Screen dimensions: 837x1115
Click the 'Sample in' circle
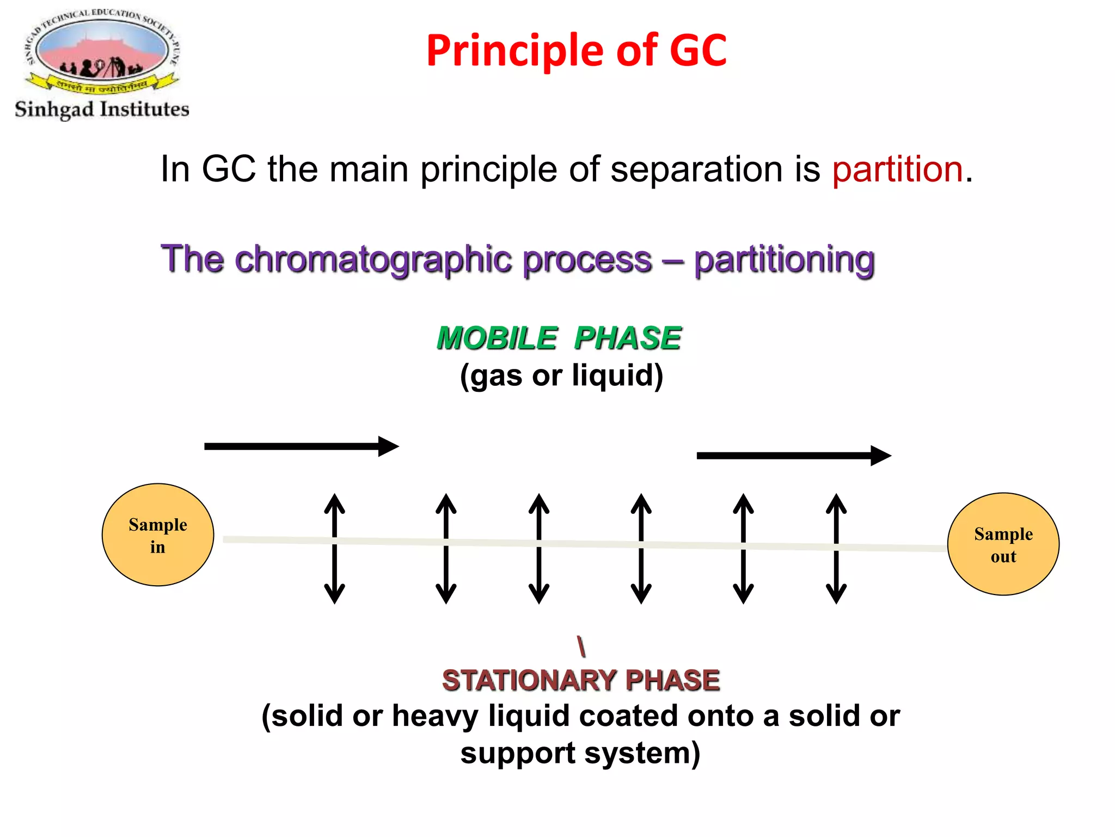click(x=158, y=535)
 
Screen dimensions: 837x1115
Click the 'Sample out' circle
click(x=1003, y=544)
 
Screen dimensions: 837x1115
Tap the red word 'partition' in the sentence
click(x=897, y=169)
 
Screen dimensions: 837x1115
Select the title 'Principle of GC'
click(x=576, y=50)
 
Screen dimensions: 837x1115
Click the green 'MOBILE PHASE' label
click(x=559, y=338)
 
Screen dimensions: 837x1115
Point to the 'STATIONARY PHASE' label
click(x=580, y=680)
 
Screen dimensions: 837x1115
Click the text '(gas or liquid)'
click(x=561, y=375)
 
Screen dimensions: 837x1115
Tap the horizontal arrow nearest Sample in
click(x=301, y=446)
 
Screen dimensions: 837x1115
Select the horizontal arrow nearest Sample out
click(x=793, y=456)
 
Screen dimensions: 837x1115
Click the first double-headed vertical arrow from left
click(x=335, y=549)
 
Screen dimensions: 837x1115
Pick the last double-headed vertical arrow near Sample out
click(x=836, y=549)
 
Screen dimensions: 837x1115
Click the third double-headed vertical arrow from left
click(x=539, y=549)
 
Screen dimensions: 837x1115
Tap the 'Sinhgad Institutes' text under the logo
click(x=102, y=109)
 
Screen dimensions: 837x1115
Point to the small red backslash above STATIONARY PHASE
click(x=581, y=646)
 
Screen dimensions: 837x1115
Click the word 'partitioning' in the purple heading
click(x=784, y=259)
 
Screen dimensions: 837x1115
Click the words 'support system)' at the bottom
click(x=580, y=753)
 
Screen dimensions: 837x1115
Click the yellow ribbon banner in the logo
click(x=102, y=85)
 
